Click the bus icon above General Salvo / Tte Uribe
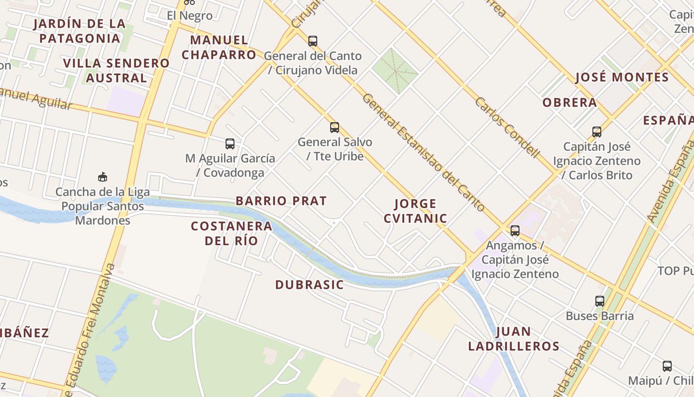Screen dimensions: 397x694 pyautogui.click(x=335, y=128)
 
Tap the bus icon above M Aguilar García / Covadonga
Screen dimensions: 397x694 pyautogui.click(x=230, y=144)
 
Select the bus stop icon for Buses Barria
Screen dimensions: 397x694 pyautogui.click(x=600, y=301)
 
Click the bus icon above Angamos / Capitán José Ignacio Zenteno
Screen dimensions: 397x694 pyautogui.click(x=515, y=231)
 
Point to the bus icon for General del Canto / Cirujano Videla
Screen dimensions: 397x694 pyautogui.click(x=313, y=41)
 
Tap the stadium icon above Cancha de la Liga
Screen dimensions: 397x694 pyautogui.click(x=103, y=177)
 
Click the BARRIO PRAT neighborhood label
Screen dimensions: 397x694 pyautogui.click(x=281, y=201)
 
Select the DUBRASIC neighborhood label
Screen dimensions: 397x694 pyautogui.click(x=309, y=285)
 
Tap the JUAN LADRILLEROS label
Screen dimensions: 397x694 pyautogui.click(x=514, y=339)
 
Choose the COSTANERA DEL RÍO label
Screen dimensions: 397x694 pyautogui.click(x=231, y=233)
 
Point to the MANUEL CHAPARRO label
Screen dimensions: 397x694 pyautogui.click(x=219, y=47)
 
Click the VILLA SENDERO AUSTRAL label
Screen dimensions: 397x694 pyautogui.click(x=116, y=70)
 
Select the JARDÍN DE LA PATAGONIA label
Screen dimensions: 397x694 pyautogui.click(x=79, y=31)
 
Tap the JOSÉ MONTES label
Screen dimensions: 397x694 pyautogui.click(x=622, y=77)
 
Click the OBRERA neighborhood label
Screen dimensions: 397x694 pyautogui.click(x=570, y=103)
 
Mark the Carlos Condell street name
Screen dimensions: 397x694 pyautogui.click(x=507, y=127)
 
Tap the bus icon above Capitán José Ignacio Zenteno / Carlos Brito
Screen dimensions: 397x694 pyautogui.click(x=597, y=132)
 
